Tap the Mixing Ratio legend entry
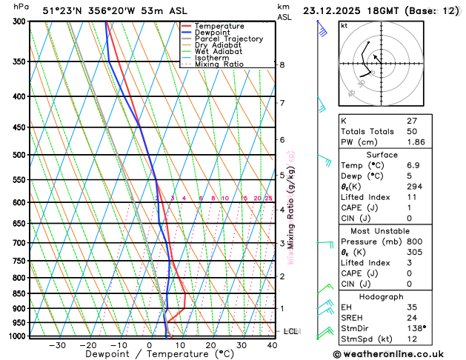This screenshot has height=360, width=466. point(222,64)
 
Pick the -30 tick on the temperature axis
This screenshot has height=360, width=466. point(57,345)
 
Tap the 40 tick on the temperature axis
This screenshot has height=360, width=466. point(273,345)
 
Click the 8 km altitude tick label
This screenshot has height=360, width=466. point(282,65)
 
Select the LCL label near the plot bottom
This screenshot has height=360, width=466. point(290,331)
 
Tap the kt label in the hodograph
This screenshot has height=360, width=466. point(344,25)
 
